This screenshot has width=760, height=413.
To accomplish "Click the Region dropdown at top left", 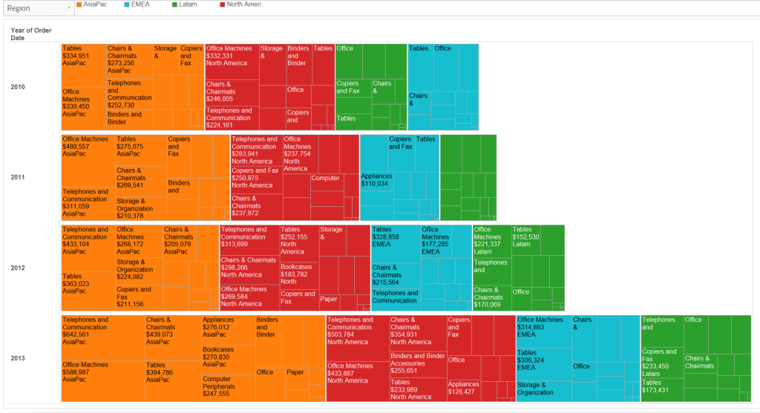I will coord(38,8).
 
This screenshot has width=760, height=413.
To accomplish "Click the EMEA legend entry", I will coord(139,4).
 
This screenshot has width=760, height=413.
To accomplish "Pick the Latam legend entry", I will coord(187,4).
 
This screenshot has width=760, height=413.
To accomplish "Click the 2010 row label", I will coord(18,87).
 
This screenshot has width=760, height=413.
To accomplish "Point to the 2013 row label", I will coord(18,359).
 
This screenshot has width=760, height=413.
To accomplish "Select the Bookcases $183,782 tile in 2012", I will coord(299,274).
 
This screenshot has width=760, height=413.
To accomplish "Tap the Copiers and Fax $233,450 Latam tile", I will coord(661,363).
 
